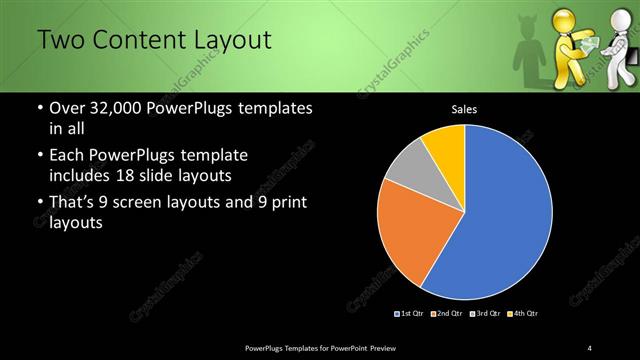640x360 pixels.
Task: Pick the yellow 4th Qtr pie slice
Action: pos(445,145)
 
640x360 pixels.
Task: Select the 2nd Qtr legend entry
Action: pos(449,314)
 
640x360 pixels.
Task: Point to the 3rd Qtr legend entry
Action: pos(486,314)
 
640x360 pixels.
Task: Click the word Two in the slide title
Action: pos(62,41)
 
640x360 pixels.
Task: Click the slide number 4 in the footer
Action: pos(590,347)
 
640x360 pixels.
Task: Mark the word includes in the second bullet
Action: pos(82,175)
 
